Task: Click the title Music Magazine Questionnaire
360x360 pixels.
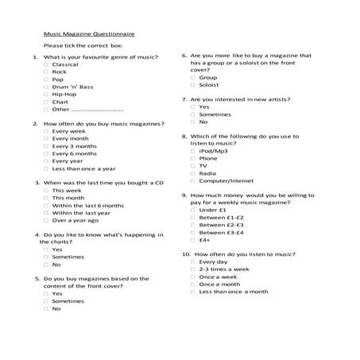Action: tap(88, 34)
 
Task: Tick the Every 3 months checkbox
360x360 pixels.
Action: tap(46, 146)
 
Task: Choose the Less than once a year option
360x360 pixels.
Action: tap(46, 168)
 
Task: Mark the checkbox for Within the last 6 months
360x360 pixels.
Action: tap(46, 205)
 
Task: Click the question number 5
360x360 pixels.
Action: tap(37, 279)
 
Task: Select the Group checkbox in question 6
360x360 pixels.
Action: tap(193, 77)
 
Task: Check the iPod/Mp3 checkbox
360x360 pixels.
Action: tap(193, 151)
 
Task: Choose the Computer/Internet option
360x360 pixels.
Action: tap(193, 180)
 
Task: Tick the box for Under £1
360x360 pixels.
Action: tap(193, 210)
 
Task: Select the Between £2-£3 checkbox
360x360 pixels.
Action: tap(193, 225)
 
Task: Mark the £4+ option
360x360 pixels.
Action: tap(193, 239)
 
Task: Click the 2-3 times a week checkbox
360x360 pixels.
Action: tap(193, 269)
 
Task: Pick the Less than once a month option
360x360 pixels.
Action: tap(193, 292)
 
